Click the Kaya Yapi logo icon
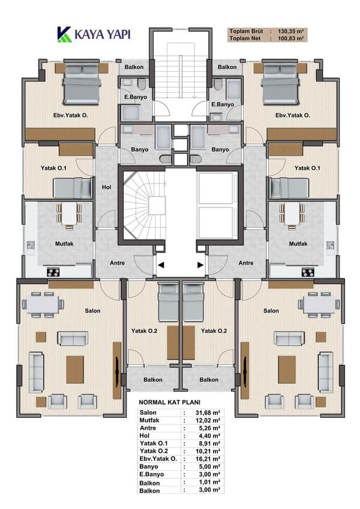click(64, 34)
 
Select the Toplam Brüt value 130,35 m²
click(290, 32)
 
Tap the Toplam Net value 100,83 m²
click(290, 38)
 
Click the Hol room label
click(106, 187)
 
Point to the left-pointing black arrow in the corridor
click(161, 265)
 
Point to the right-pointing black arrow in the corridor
click(200, 265)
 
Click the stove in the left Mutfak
click(53, 272)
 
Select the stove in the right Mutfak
click(308, 272)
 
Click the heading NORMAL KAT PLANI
click(170, 402)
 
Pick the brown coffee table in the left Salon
click(75, 369)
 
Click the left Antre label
click(117, 263)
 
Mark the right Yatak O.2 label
click(214, 331)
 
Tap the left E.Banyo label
click(136, 97)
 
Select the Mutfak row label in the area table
click(149, 420)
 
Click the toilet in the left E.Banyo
click(142, 85)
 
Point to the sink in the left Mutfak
click(31, 245)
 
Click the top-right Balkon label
click(227, 67)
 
